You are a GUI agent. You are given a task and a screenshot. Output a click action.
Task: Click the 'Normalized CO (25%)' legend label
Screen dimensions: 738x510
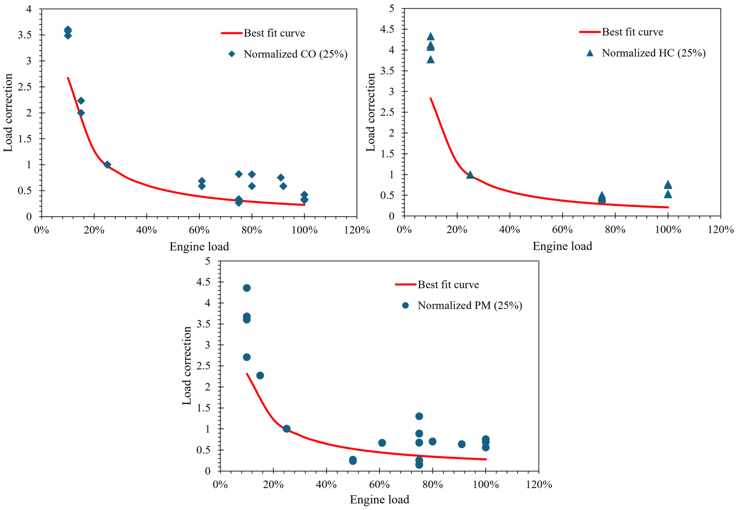point(295,54)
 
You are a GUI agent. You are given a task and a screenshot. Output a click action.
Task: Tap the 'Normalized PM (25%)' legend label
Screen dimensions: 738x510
point(470,305)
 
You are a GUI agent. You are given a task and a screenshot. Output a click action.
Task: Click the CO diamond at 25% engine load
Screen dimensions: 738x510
point(107,164)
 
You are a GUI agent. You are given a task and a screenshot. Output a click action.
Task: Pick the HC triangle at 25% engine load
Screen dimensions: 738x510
point(470,175)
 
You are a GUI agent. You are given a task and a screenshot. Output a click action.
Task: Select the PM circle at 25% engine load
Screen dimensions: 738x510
point(287,429)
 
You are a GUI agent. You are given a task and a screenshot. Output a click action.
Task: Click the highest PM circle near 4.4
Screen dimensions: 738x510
point(247,288)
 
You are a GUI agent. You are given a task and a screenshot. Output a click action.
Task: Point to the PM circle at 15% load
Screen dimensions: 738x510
point(260,375)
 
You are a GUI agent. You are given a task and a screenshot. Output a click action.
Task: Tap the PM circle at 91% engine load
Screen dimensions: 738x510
point(461,444)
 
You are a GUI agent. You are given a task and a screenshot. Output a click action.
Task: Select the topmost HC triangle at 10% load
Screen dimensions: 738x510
point(430,36)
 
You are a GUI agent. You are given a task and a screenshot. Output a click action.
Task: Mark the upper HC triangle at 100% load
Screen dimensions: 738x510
point(668,185)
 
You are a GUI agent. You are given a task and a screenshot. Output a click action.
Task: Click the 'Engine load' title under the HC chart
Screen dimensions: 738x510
point(562,246)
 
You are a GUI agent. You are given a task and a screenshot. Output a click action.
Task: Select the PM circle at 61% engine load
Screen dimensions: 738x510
point(382,443)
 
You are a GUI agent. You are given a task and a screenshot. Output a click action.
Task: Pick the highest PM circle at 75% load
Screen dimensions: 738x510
point(419,416)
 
